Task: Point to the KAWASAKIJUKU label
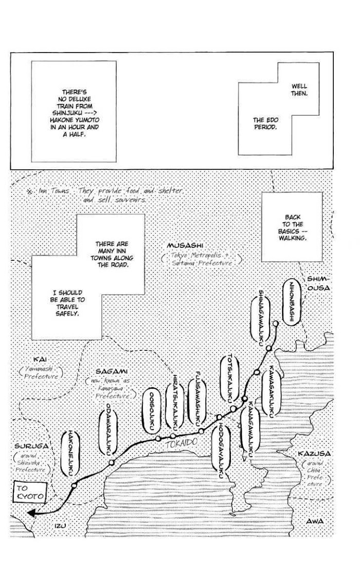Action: (x=271, y=391)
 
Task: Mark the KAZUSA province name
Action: (x=314, y=453)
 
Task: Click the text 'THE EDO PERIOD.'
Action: (x=265, y=123)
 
